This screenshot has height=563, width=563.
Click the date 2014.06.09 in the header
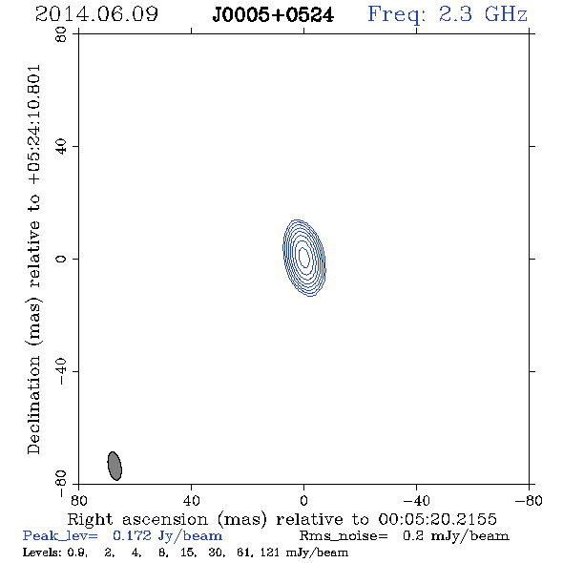(x=96, y=14)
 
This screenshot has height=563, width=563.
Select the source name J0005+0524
(x=273, y=15)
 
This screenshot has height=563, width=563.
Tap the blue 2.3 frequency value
(x=455, y=14)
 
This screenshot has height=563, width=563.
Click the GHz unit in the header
(x=506, y=14)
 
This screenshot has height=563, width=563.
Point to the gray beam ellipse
(x=115, y=466)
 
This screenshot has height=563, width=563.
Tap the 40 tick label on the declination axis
(x=61, y=147)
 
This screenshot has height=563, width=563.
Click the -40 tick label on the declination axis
(x=61, y=371)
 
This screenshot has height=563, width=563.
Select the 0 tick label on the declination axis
(x=61, y=259)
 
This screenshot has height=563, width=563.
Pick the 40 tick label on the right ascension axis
(x=191, y=501)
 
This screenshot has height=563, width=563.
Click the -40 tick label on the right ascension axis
(x=416, y=501)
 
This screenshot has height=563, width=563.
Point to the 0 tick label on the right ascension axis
(x=303, y=501)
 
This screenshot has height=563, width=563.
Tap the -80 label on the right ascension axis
(x=529, y=501)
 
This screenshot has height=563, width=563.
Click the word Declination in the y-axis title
(x=33, y=405)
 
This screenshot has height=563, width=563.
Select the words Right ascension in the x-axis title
(x=137, y=519)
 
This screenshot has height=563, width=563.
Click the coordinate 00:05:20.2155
(x=438, y=519)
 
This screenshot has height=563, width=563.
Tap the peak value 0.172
(x=132, y=535)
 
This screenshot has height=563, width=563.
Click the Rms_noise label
(x=344, y=536)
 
